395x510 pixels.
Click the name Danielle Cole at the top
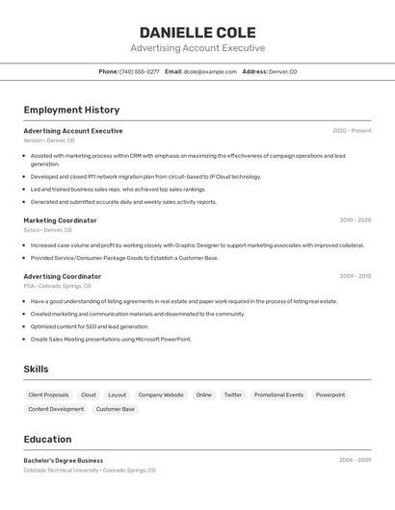197,32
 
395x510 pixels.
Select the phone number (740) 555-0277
140,71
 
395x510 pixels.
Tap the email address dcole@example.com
210,71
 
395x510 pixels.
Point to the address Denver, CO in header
282,71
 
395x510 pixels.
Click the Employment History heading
71,110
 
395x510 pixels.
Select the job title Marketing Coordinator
60,220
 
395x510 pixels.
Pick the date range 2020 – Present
352,131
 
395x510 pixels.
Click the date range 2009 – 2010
355,276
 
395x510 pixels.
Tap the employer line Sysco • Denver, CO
48,230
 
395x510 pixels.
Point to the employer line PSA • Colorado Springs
57,286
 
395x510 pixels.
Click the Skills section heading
36,370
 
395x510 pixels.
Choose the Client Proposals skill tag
48,395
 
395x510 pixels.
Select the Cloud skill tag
89,395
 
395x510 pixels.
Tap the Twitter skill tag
233,395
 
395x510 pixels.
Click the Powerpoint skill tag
330,395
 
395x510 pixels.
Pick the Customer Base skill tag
116,409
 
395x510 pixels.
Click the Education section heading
48,439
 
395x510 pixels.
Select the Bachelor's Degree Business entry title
64,460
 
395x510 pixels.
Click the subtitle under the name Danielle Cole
197,48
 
